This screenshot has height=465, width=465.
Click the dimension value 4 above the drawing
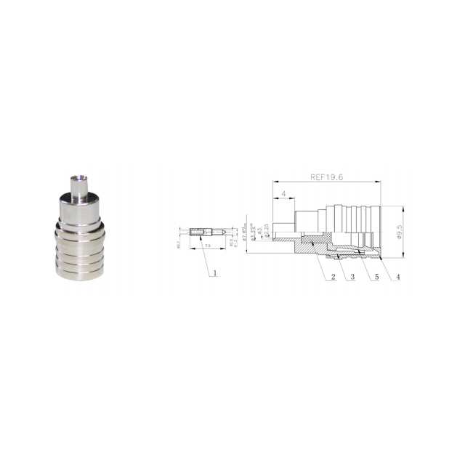[284, 195]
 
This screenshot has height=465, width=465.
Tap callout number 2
[333, 277]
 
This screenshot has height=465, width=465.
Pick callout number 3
[352, 277]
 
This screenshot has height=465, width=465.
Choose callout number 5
[376, 277]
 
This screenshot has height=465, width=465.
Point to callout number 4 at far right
[397, 277]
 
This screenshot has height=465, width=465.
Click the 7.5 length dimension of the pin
[209, 246]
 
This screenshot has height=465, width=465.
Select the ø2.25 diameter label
[267, 230]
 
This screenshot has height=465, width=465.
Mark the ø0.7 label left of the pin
[179, 243]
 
